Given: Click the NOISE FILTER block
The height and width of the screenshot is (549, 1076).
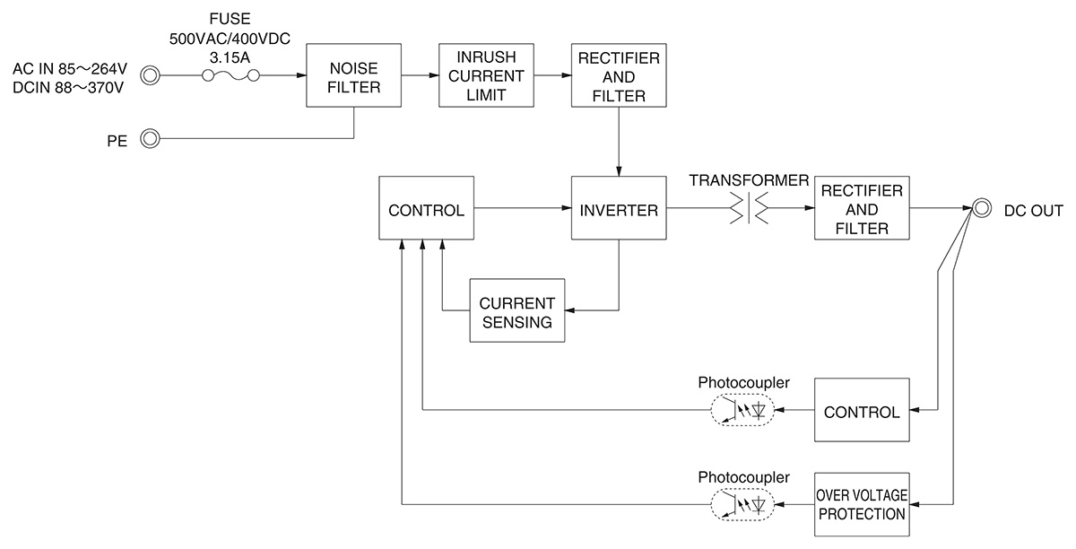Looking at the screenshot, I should (x=354, y=76).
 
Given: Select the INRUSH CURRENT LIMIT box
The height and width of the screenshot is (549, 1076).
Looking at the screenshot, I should (x=485, y=76).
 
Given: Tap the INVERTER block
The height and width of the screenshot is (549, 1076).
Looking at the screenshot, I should (x=618, y=211).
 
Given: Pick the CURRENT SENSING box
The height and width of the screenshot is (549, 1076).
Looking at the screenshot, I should (x=516, y=310).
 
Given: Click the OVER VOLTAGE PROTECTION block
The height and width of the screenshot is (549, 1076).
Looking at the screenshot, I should (x=860, y=504).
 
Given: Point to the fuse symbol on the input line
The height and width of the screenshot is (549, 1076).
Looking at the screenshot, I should (x=231, y=76).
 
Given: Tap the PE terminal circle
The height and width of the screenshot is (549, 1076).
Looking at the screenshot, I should (x=151, y=139).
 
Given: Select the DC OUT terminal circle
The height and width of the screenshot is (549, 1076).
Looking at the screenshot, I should (x=983, y=209).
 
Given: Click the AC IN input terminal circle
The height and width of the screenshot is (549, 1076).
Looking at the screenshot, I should (x=151, y=76).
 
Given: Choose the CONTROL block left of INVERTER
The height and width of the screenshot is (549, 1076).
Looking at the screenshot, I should (x=426, y=211).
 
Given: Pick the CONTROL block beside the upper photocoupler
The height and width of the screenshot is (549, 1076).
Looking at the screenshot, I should (x=861, y=411).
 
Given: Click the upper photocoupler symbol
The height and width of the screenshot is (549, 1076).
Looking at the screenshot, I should (x=741, y=410).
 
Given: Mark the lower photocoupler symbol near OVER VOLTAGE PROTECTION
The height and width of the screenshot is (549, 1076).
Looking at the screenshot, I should (x=741, y=505).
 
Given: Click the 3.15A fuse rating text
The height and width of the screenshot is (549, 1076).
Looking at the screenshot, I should (x=230, y=56).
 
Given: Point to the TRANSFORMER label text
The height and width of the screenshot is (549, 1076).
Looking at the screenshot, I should (x=749, y=180).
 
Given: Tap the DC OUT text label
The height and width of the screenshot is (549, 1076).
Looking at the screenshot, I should (x=1033, y=211).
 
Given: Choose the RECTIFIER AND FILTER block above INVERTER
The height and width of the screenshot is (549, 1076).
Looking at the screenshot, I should (x=618, y=76).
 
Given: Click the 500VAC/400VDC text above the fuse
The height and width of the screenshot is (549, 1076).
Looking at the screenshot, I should (x=230, y=39).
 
